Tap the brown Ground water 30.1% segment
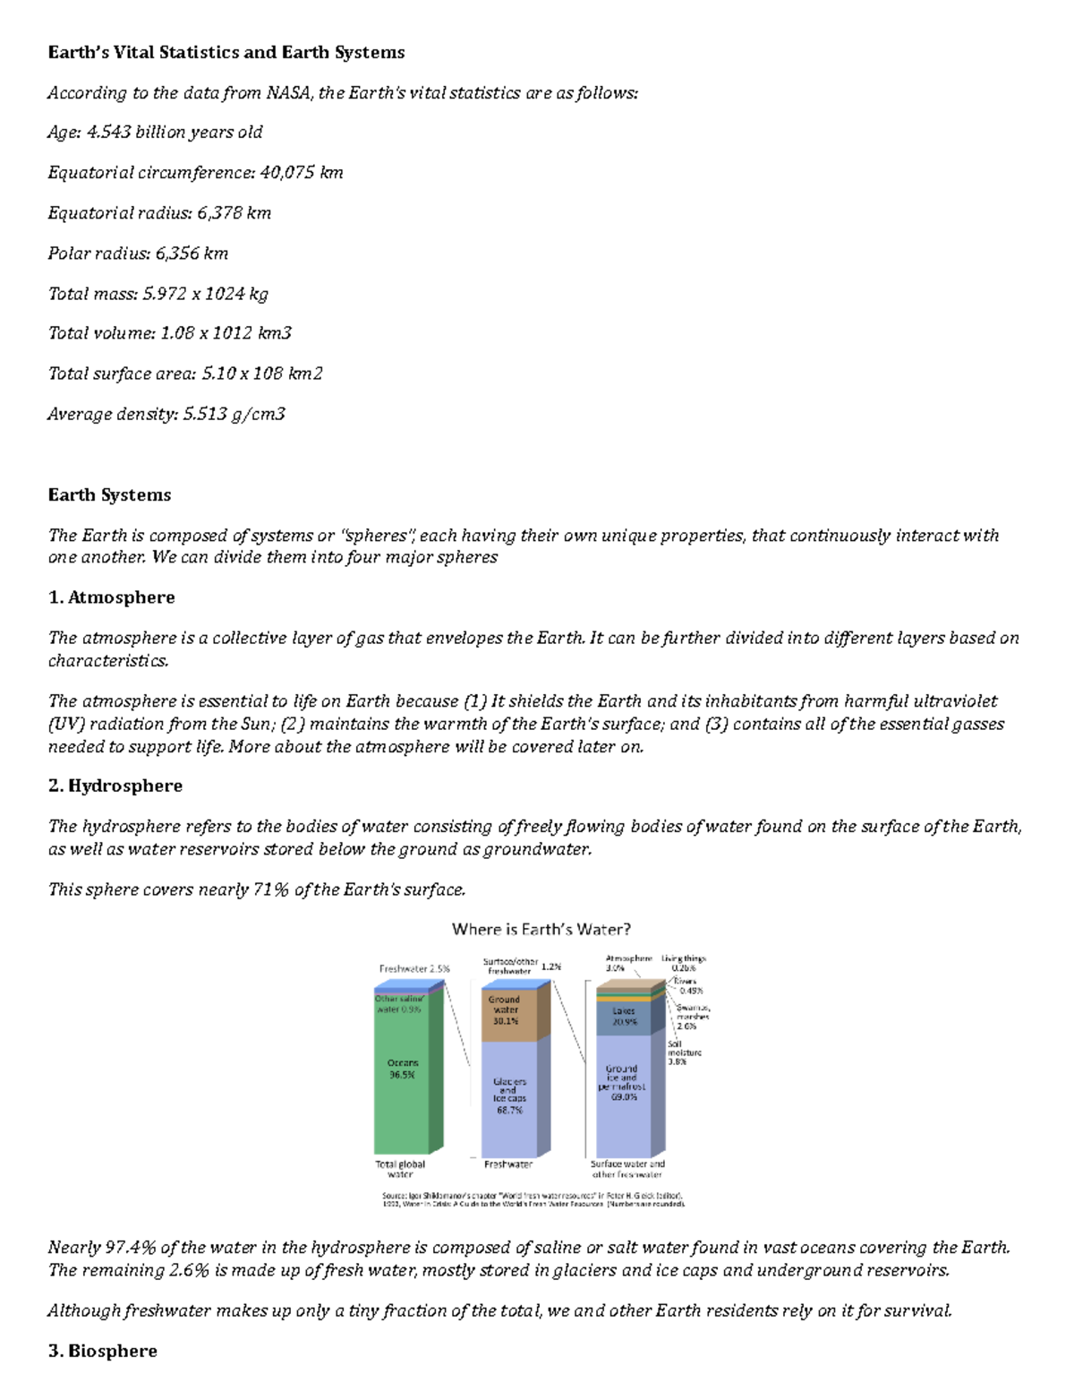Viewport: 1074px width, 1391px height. pos(507,1015)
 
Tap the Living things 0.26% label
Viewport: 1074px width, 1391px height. pos(684,963)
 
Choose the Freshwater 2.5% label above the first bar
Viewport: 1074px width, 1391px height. pos(414,968)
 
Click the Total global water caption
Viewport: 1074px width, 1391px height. pos(400,1169)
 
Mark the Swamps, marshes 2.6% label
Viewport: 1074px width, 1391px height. pos(693,1017)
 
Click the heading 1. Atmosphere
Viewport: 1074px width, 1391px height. pos(111,597)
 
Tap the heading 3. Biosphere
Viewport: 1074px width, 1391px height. pos(102,1351)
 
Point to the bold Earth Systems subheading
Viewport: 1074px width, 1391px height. pos(109,495)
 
